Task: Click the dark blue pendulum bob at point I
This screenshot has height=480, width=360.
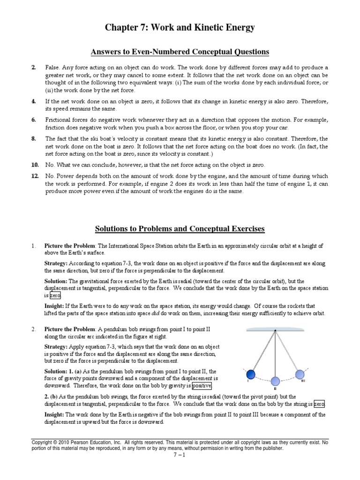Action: [251, 374]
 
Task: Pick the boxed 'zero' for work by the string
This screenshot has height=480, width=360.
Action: [319, 404]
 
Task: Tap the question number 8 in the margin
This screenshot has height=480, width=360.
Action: [34, 139]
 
